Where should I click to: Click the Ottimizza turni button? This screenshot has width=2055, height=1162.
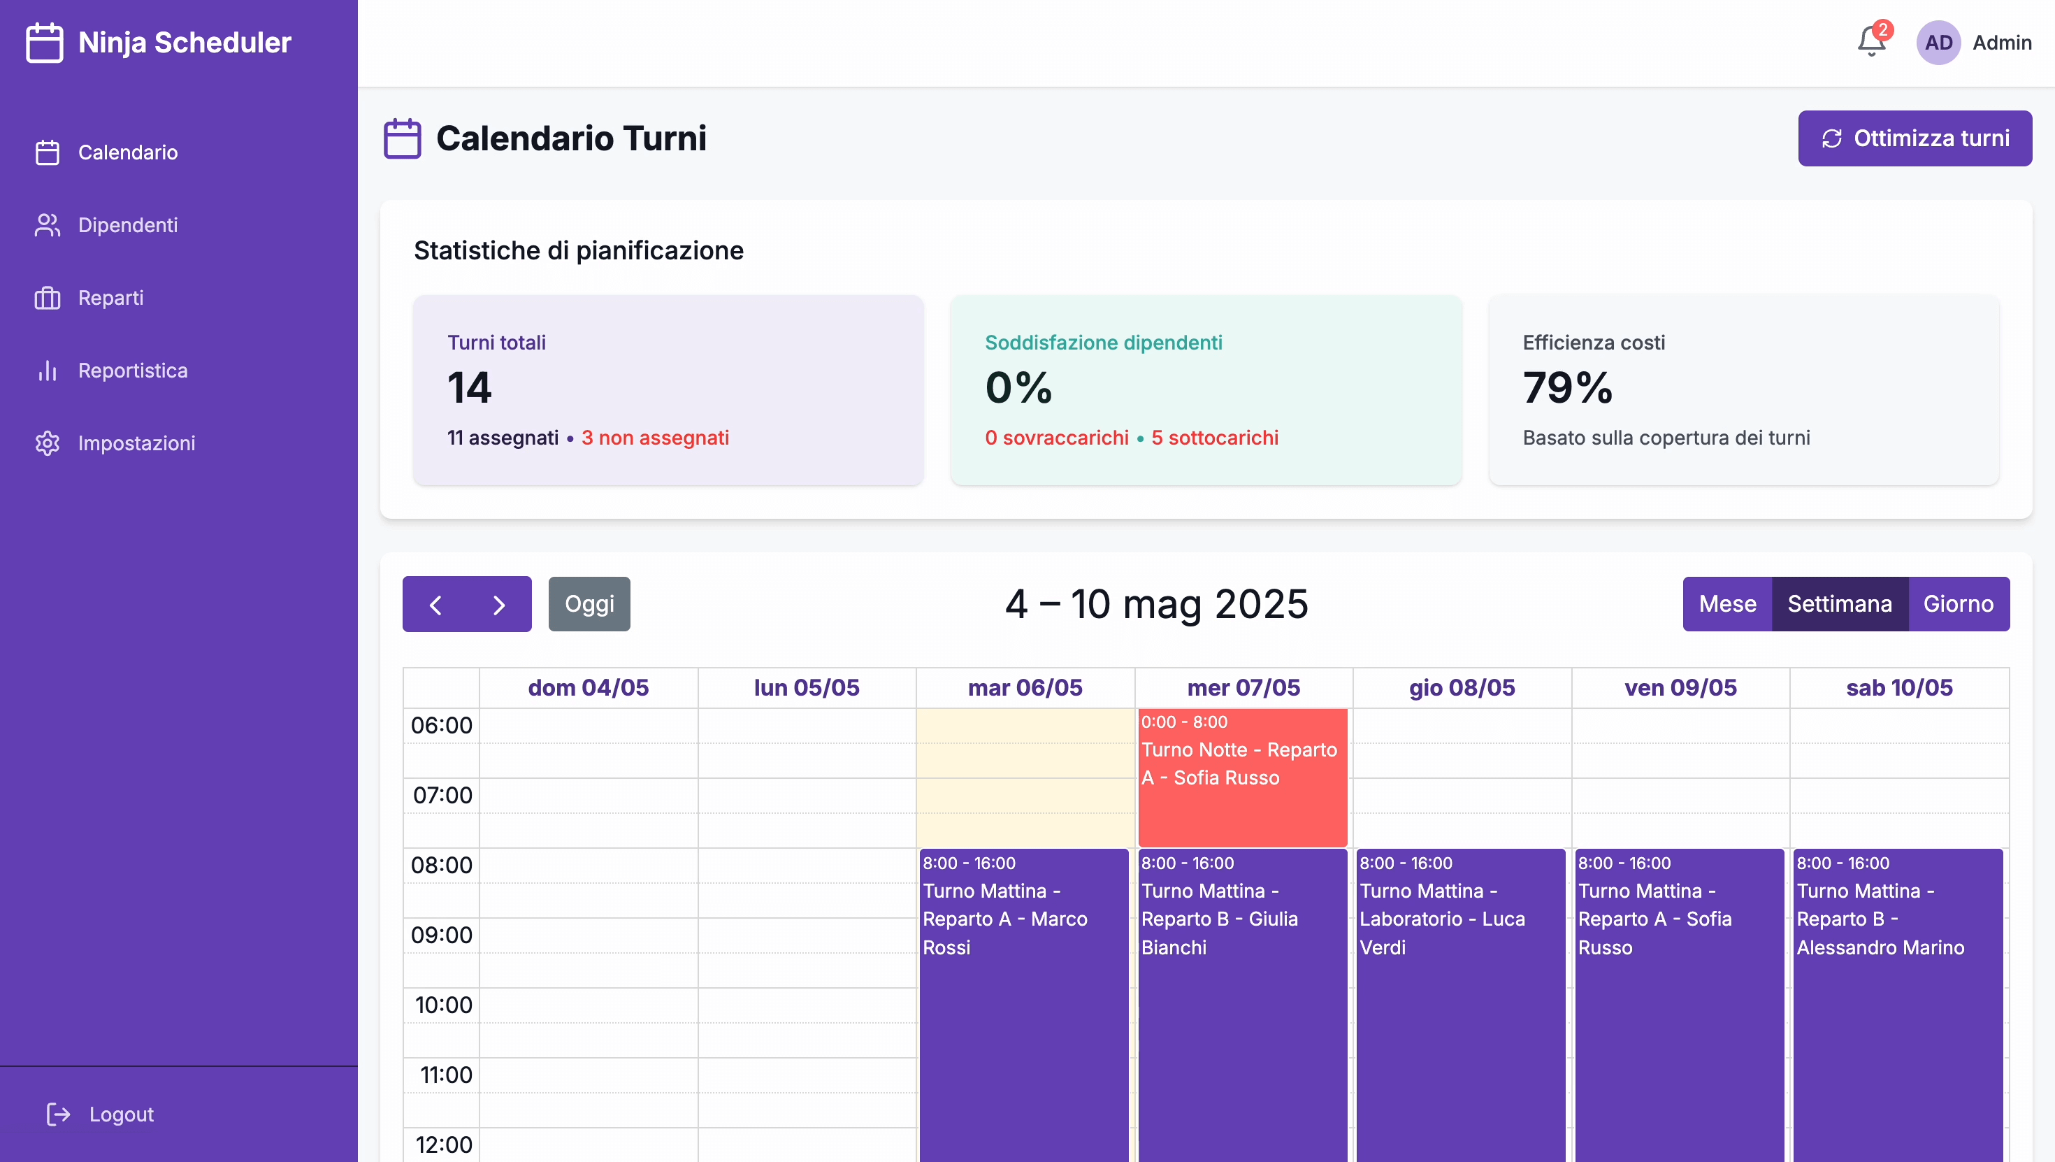pyautogui.click(x=1914, y=138)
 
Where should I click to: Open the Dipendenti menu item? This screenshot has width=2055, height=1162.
pyautogui.click(x=128, y=225)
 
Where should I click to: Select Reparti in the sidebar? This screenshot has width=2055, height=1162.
pyautogui.click(x=110, y=298)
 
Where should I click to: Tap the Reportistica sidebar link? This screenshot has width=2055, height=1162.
pyautogui.click(x=132, y=371)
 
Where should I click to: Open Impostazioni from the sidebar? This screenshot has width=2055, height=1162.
pyautogui.click(x=136, y=443)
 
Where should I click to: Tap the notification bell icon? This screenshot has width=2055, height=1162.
pyautogui.click(x=1870, y=41)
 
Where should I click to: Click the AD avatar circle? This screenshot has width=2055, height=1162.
pyautogui.click(x=1938, y=42)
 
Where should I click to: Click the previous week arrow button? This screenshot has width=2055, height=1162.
pyautogui.click(x=435, y=604)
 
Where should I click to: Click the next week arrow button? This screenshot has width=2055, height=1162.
pyautogui.click(x=499, y=604)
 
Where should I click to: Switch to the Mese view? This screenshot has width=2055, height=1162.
pyautogui.click(x=1727, y=604)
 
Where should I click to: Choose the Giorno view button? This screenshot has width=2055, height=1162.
pyautogui.click(x=1958, y=604)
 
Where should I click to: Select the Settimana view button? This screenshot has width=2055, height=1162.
pyautogui.click(x=1839, y=604)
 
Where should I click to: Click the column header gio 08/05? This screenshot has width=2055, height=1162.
pyautogui.click(x=1462, y=688)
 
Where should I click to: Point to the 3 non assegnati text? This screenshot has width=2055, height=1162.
pyautogui.click(x=655, y=438)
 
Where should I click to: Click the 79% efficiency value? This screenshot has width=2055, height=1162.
pyautogui.click(x=1568, y=388)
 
